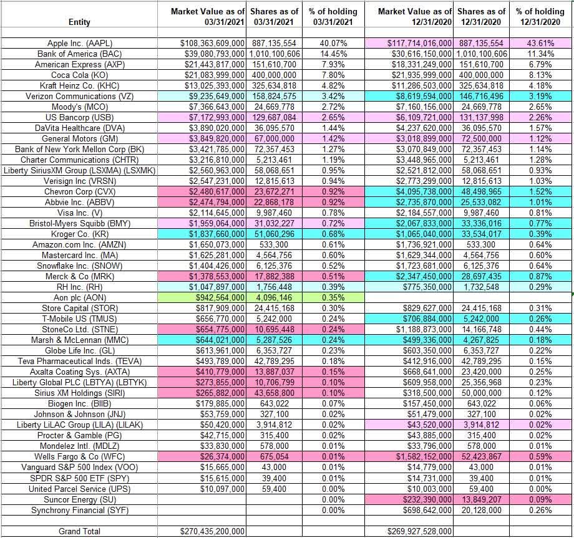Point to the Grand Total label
(x=79, y=531)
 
